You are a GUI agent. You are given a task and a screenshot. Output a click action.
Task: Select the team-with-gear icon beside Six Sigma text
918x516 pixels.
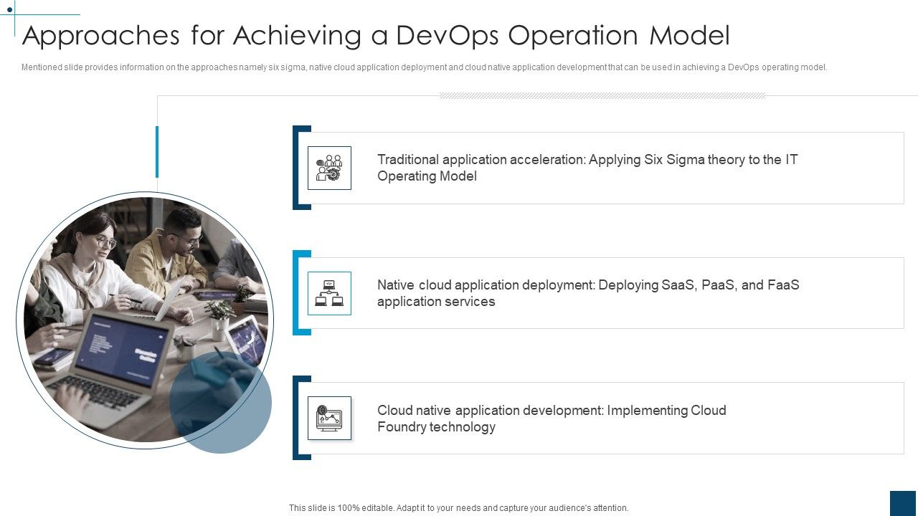point(329,168)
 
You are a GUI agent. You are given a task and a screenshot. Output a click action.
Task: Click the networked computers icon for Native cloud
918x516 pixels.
point(329,293)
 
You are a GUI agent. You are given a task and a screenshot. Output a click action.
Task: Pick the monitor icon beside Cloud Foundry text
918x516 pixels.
point(329,418)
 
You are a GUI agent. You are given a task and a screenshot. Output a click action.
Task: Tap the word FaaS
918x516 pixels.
point(783,285)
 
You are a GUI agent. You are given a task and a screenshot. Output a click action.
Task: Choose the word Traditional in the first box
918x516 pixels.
point(407,159)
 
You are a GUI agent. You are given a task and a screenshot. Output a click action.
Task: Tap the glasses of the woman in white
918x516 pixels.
point(105,242)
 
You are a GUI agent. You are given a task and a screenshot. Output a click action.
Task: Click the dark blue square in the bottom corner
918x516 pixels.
point(903,502)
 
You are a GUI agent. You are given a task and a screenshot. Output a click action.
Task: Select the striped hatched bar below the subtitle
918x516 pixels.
point(602,95)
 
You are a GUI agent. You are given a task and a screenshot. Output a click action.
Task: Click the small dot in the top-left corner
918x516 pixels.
point(9,10)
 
